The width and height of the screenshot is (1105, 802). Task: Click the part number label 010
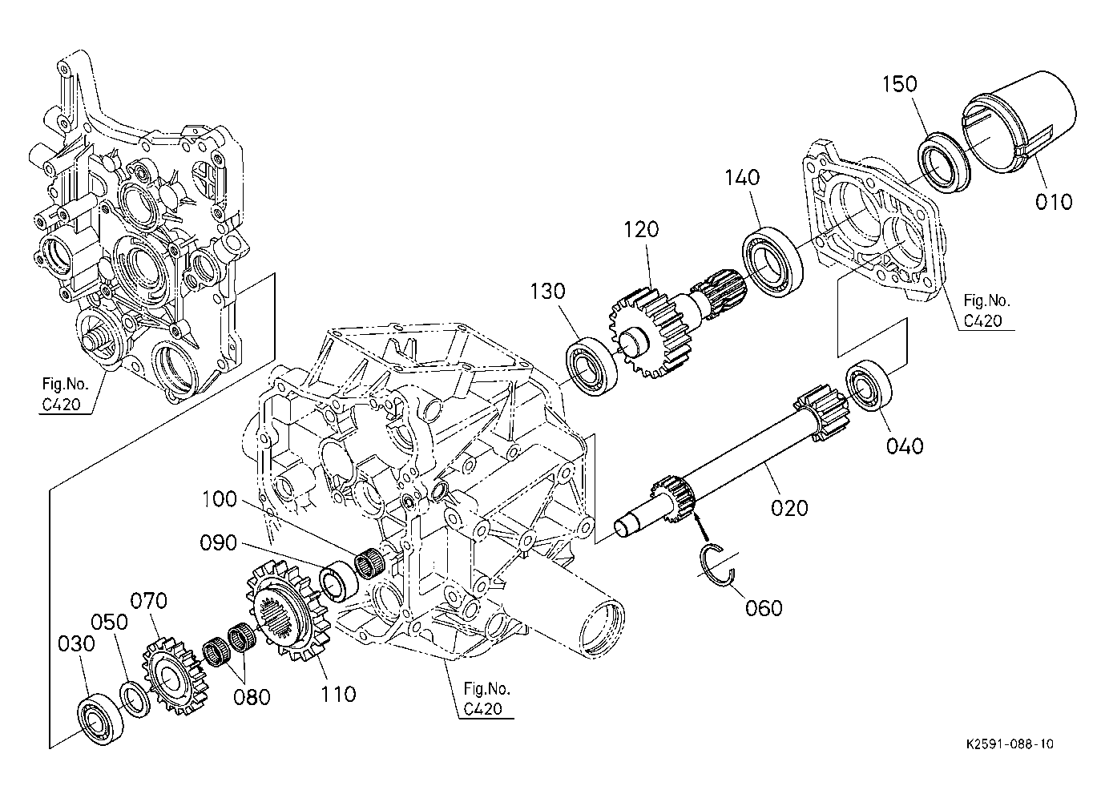[x=1053, y=201]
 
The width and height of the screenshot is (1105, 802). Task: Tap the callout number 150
[x=901, y=84]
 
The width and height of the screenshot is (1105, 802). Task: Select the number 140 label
[x=743, y=177]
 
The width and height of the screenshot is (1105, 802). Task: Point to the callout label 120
[x=641, y=230]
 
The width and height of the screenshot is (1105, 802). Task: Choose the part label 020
[x=789, y=507]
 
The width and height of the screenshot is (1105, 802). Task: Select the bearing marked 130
[x=592, y=366]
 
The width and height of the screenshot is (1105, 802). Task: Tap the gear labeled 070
[x=171, y=672]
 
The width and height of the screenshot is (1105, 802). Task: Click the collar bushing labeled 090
[x=337, y=582]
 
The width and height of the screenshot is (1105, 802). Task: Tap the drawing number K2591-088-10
[x=1010, y=744]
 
